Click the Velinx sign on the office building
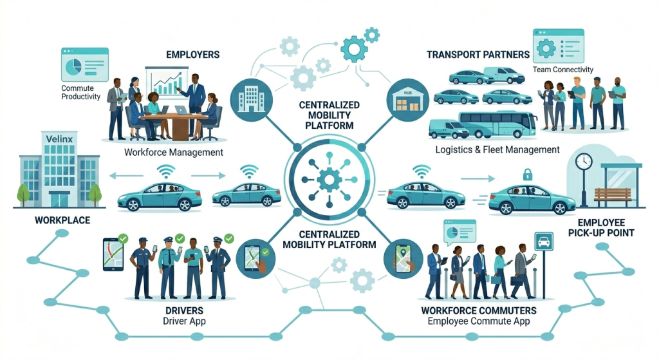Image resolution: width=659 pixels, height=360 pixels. click(59, 138)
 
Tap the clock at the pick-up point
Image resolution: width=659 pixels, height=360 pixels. click(584, 161)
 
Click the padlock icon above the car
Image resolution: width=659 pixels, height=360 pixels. click(528, 173)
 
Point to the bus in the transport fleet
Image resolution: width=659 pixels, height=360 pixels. click(497, 125)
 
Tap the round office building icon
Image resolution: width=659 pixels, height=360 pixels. click(252, 100)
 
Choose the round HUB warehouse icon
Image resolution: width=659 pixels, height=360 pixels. click(407, 100)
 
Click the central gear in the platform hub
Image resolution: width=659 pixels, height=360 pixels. click(329, 180)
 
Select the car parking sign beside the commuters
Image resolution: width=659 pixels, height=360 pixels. click(544, 242)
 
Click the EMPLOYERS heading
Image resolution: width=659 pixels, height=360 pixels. click(192, 55)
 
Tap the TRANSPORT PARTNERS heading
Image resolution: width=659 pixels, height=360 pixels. click(478, 55)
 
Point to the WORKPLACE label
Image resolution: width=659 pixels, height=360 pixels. click(62, 220)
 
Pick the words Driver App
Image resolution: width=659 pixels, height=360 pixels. click(184, 321)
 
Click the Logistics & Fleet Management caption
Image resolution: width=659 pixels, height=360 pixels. click(497, 149)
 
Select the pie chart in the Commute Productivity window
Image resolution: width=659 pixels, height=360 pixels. click(73, 65)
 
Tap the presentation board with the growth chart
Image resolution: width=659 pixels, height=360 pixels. click(167, 82)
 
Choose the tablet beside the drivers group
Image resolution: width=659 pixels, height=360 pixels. click(113, 254)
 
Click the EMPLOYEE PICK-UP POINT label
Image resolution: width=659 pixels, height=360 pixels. click(601, 228)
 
